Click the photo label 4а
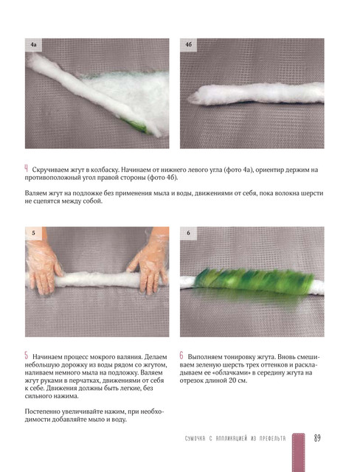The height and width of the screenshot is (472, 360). (x=33, y=44)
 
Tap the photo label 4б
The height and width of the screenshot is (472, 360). (x=188, y=44)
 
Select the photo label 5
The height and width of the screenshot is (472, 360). (x=33, y=233)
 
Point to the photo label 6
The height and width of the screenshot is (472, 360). (x=188, y=233)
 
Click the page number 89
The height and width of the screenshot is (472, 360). (x=317, y=437)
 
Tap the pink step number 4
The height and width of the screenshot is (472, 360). (x=27, y=169)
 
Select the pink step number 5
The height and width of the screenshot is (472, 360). (x=27, y=355)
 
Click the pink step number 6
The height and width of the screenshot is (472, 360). (x=181, y=355)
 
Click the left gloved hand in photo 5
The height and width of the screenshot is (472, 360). (x=44, y=268)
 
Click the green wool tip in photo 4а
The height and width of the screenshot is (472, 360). (x=137, y=126)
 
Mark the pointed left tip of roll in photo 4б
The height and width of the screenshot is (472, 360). (x=189, y=98)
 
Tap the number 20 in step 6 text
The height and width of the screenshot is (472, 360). (x=232, y=381)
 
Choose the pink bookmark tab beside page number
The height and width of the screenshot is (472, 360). (x=299, y=451)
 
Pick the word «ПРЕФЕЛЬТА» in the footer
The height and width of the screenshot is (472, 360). (x=273, y=438)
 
